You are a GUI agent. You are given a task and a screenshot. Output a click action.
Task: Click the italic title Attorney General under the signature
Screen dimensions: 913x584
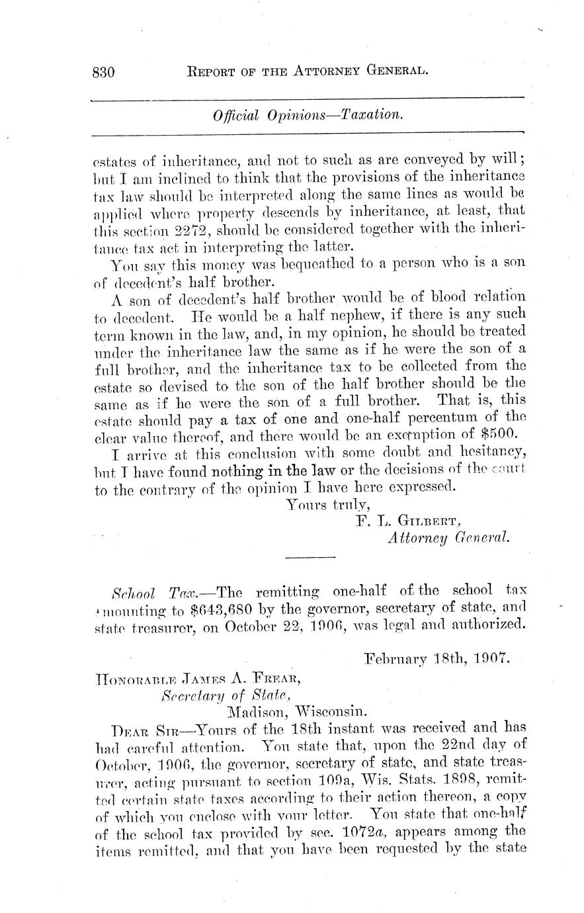pyautogui.click(x=449, y=538)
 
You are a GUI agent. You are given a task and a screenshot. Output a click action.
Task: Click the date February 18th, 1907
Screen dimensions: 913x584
pyautogui.click(x=436, y=658)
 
